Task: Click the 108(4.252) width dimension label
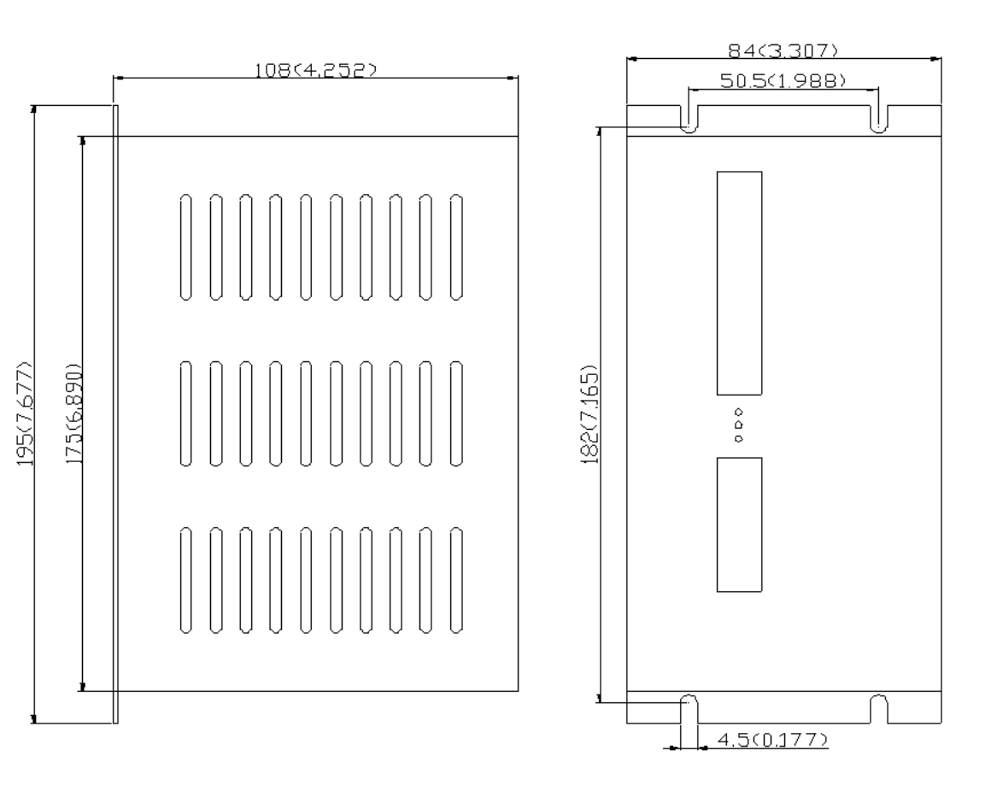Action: (x=314, y=69)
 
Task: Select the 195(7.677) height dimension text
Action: (x=25, y=413)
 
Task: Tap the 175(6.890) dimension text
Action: (x=74, y=413)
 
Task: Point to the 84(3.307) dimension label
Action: (x=783, y=50)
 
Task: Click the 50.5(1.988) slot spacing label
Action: (x=783, y=81)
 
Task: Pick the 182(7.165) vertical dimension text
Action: (x=589, y=413)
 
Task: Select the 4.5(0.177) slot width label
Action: (x=772, y=739)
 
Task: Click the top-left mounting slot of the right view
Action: (x=689, y=119)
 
